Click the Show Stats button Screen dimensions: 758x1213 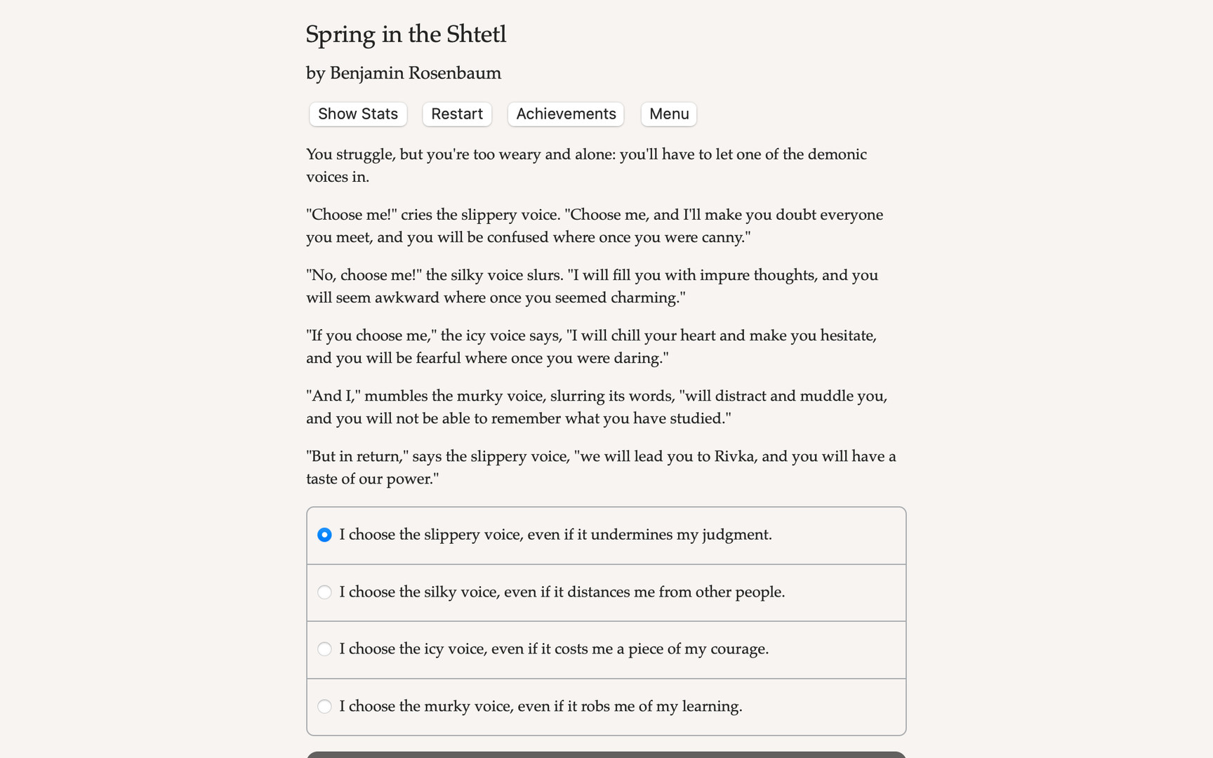(x=358, y=114)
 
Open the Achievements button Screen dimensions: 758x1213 (x=566, y=114)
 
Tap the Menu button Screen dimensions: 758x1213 (x=668, y=114)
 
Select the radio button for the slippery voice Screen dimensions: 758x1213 (x=324, y=535)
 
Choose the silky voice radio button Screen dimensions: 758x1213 (x=324, y=592)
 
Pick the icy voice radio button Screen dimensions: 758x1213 (x=324, y=649)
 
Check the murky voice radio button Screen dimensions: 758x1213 (x=324, y=706)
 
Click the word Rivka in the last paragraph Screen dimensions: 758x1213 (x=734, y=457)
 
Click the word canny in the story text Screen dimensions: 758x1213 (x=723, y=237)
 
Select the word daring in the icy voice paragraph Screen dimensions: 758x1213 (x=639, y=358)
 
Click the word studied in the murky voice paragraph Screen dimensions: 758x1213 (x=699, y=418)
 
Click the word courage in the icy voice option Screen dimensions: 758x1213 (x=738, y=649)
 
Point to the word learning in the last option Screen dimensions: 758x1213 (x=712, y=706)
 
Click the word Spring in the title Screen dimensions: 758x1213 (x=340, y=34)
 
